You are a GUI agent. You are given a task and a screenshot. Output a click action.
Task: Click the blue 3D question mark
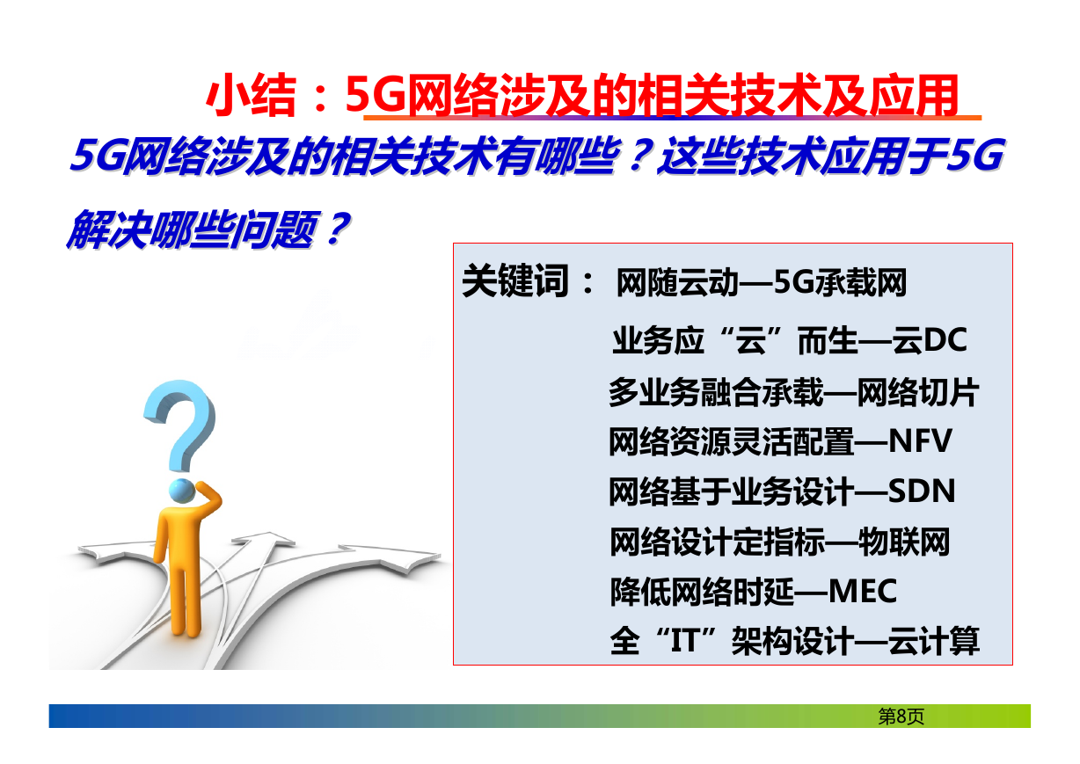[x=181, y=424]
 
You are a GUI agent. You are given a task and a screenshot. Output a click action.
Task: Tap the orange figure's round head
[x=182, y=491]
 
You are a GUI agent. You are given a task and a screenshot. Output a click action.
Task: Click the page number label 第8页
[x=901, y=717]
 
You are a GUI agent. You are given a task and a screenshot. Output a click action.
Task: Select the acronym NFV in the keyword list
[x=920, y=441]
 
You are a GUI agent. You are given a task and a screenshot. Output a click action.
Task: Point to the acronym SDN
[x=922, y=491]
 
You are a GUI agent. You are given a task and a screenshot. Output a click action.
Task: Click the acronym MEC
[x=863, y=592]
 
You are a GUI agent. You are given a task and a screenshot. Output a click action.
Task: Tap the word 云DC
[x=930, y=340]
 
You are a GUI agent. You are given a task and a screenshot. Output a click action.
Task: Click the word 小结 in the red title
[x=251, y=95]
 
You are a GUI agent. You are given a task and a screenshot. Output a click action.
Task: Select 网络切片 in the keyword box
[x=918, y=392]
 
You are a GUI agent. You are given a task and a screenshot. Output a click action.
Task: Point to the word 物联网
[x=904, y=542]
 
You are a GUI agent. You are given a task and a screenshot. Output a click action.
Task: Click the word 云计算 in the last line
[x=934, y=641]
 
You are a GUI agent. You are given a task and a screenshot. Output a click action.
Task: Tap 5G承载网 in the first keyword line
[x=841, y=282]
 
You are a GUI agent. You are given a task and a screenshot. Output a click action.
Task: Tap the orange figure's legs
[x=186, y=600]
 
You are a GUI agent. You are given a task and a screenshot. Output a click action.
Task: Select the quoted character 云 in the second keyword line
[x=751, y=340]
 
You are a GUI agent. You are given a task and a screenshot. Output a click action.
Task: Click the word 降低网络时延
[x=702, y=592]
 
